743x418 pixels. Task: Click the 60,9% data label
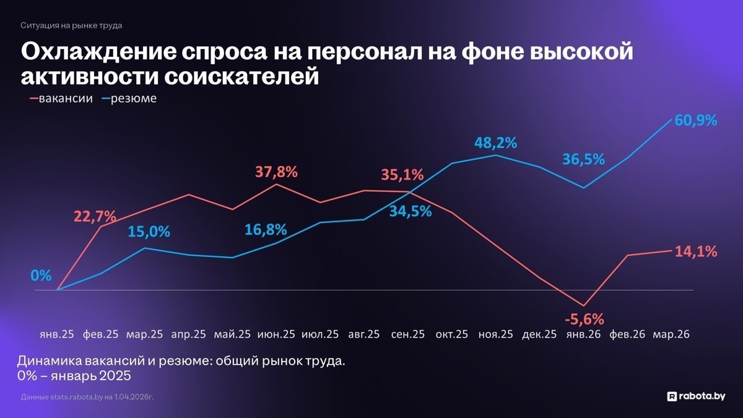696,120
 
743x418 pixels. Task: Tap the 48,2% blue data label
495,143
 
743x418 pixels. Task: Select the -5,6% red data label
584,319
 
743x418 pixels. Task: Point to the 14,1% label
697,251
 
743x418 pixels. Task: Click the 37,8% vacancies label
276,172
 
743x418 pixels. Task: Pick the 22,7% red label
95,216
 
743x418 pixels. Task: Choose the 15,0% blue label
149,232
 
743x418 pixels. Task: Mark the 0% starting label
41,276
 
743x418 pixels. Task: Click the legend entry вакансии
65,98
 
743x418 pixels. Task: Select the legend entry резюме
133,98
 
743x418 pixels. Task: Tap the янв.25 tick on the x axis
56,334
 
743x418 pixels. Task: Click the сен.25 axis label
408,334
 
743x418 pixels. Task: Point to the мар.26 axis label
672,334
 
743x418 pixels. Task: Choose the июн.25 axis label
276,334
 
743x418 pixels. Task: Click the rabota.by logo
695,396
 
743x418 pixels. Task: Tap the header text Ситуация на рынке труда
71,25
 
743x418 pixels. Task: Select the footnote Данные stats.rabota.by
87,396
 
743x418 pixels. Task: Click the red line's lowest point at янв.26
583,305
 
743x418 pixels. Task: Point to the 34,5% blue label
411,211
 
